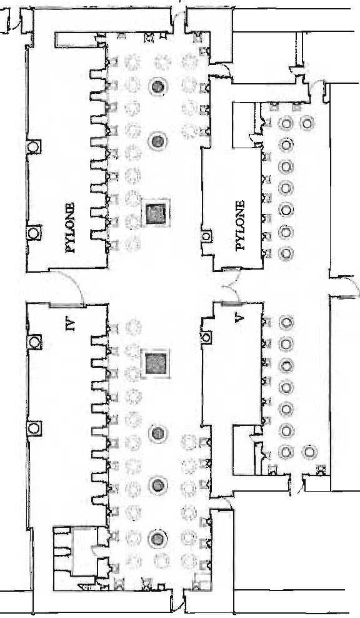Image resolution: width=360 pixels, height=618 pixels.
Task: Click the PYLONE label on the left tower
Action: [71, 228]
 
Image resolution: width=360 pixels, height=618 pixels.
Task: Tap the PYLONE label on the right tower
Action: [240, 225]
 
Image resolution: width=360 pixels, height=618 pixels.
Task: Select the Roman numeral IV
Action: [71, 325]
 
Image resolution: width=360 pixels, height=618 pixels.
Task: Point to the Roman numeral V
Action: [238, 318]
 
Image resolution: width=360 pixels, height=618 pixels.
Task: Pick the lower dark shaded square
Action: [156, 363]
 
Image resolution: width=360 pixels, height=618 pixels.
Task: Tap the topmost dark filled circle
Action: [158, 87]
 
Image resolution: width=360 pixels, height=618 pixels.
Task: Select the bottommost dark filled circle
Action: [158, 538]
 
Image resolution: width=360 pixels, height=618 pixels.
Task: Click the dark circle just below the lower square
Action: [158, 433]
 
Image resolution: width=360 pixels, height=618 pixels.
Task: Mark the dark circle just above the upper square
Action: [158, 139]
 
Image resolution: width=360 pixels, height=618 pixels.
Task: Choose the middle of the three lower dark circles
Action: [158, 484]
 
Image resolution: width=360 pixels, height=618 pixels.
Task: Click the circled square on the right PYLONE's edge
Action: [206, 236]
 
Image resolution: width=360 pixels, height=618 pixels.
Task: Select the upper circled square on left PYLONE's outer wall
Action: [34, 147]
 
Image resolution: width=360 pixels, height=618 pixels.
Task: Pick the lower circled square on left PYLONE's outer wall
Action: [34, 233]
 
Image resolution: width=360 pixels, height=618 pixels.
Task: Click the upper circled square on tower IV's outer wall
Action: [34, 342]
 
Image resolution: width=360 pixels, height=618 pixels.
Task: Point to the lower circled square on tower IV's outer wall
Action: [34, 428]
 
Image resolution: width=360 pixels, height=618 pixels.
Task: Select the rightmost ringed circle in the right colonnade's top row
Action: [307, 123]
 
